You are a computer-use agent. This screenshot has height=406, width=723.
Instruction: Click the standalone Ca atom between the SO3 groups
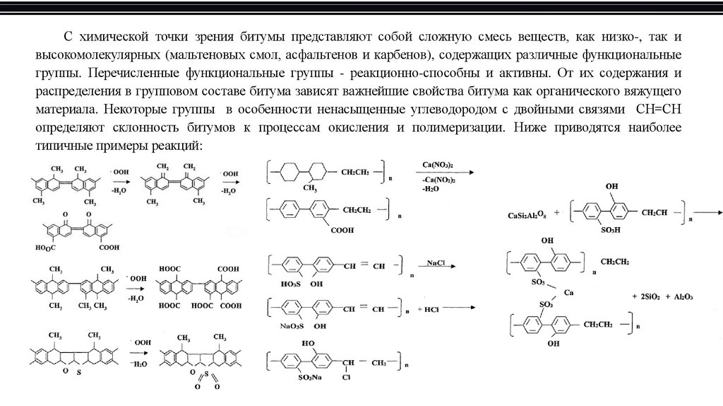tap(578, 293)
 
